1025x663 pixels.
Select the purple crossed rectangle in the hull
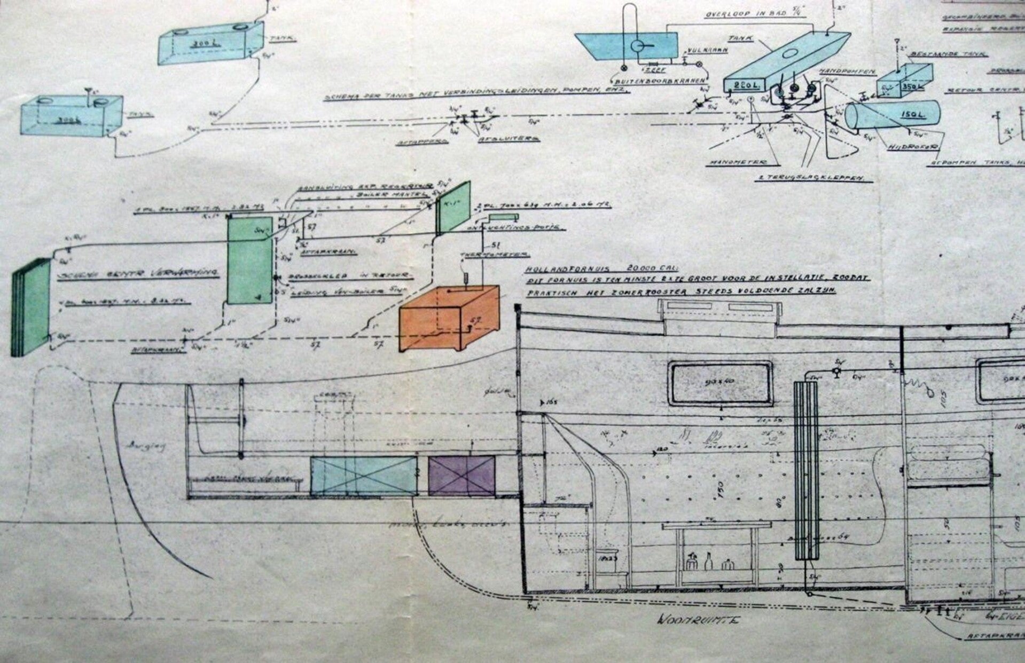tap(462, 476)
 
